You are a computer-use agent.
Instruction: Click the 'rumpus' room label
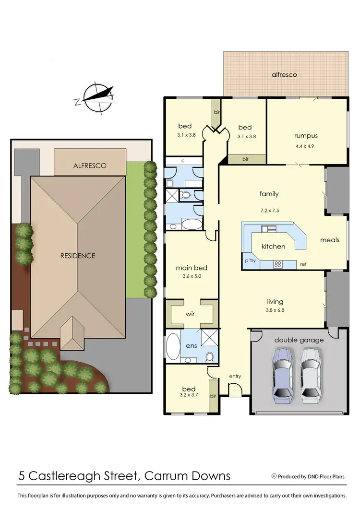(x=306, y=136)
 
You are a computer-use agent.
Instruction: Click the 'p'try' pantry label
(x=250, y=262)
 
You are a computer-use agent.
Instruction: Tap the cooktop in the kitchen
(x=277, y=264)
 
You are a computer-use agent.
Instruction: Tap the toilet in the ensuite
(x=209, y=357)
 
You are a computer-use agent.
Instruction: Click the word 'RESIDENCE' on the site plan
(x=78, y=256)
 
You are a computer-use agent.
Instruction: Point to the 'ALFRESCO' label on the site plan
(x=90, y=165)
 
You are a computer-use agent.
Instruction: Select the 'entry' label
(x=235, y=376)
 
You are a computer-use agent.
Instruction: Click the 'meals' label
(x=330, y=240)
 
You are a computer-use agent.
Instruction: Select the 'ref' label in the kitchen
(x=303, y=264)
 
